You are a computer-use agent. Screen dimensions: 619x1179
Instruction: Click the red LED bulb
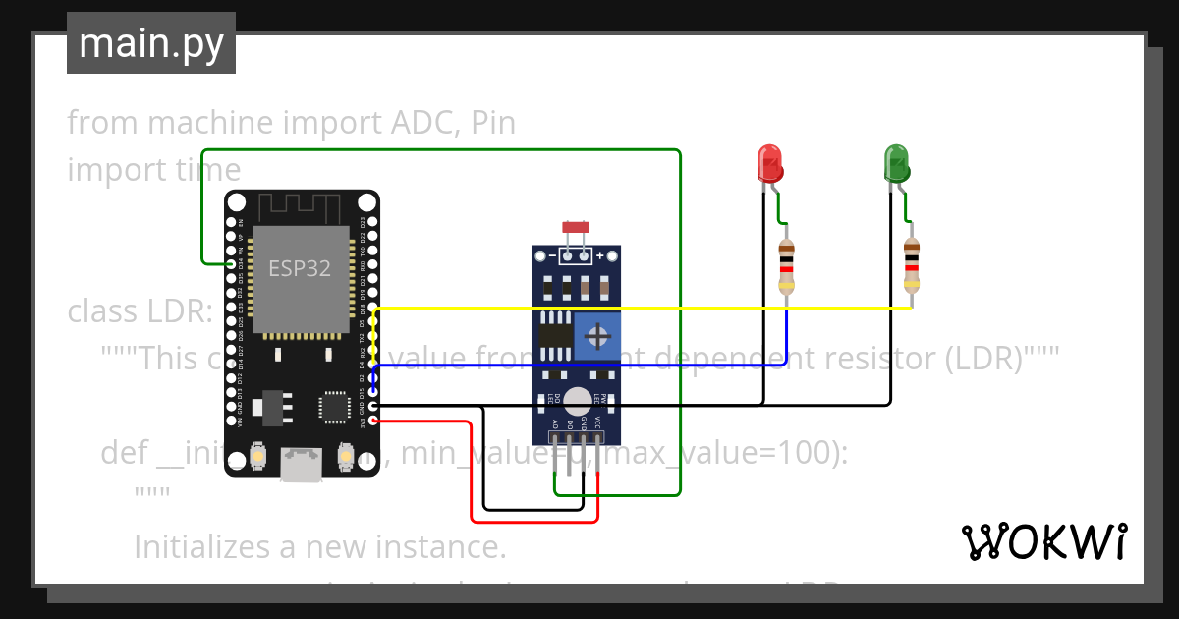tap(769, 162)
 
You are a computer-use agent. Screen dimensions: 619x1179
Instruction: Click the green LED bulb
tap(896, 162)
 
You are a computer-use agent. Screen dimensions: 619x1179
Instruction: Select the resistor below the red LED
tap(786, 265)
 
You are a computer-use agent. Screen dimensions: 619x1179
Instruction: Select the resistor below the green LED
tap(912, 265)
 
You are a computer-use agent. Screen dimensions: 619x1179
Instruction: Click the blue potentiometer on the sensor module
tap(595, 337)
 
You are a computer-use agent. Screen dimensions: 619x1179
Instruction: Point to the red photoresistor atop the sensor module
tap(576, 228)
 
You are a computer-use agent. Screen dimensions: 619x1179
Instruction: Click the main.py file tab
tap(151, 44)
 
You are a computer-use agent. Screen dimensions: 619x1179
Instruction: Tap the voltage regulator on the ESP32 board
tap(268, 405)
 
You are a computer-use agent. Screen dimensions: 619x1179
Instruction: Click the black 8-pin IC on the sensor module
tap(556, 335)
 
